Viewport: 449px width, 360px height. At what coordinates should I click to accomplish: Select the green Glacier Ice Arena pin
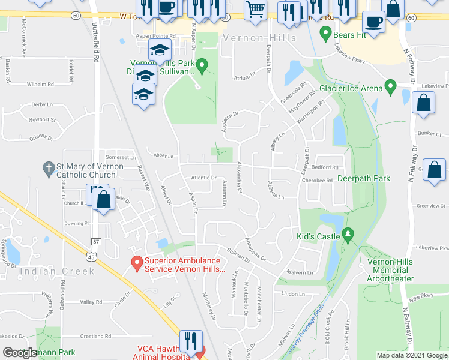390,88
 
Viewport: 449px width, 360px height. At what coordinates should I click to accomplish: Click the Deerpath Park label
363,178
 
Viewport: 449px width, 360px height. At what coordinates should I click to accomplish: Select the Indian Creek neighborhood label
58,271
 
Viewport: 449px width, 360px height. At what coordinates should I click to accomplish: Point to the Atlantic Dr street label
204,178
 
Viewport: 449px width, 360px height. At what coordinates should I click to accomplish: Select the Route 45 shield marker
91,256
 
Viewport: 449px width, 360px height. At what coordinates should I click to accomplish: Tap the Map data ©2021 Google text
411,355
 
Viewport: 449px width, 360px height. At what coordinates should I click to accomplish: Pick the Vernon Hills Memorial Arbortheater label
390,270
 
